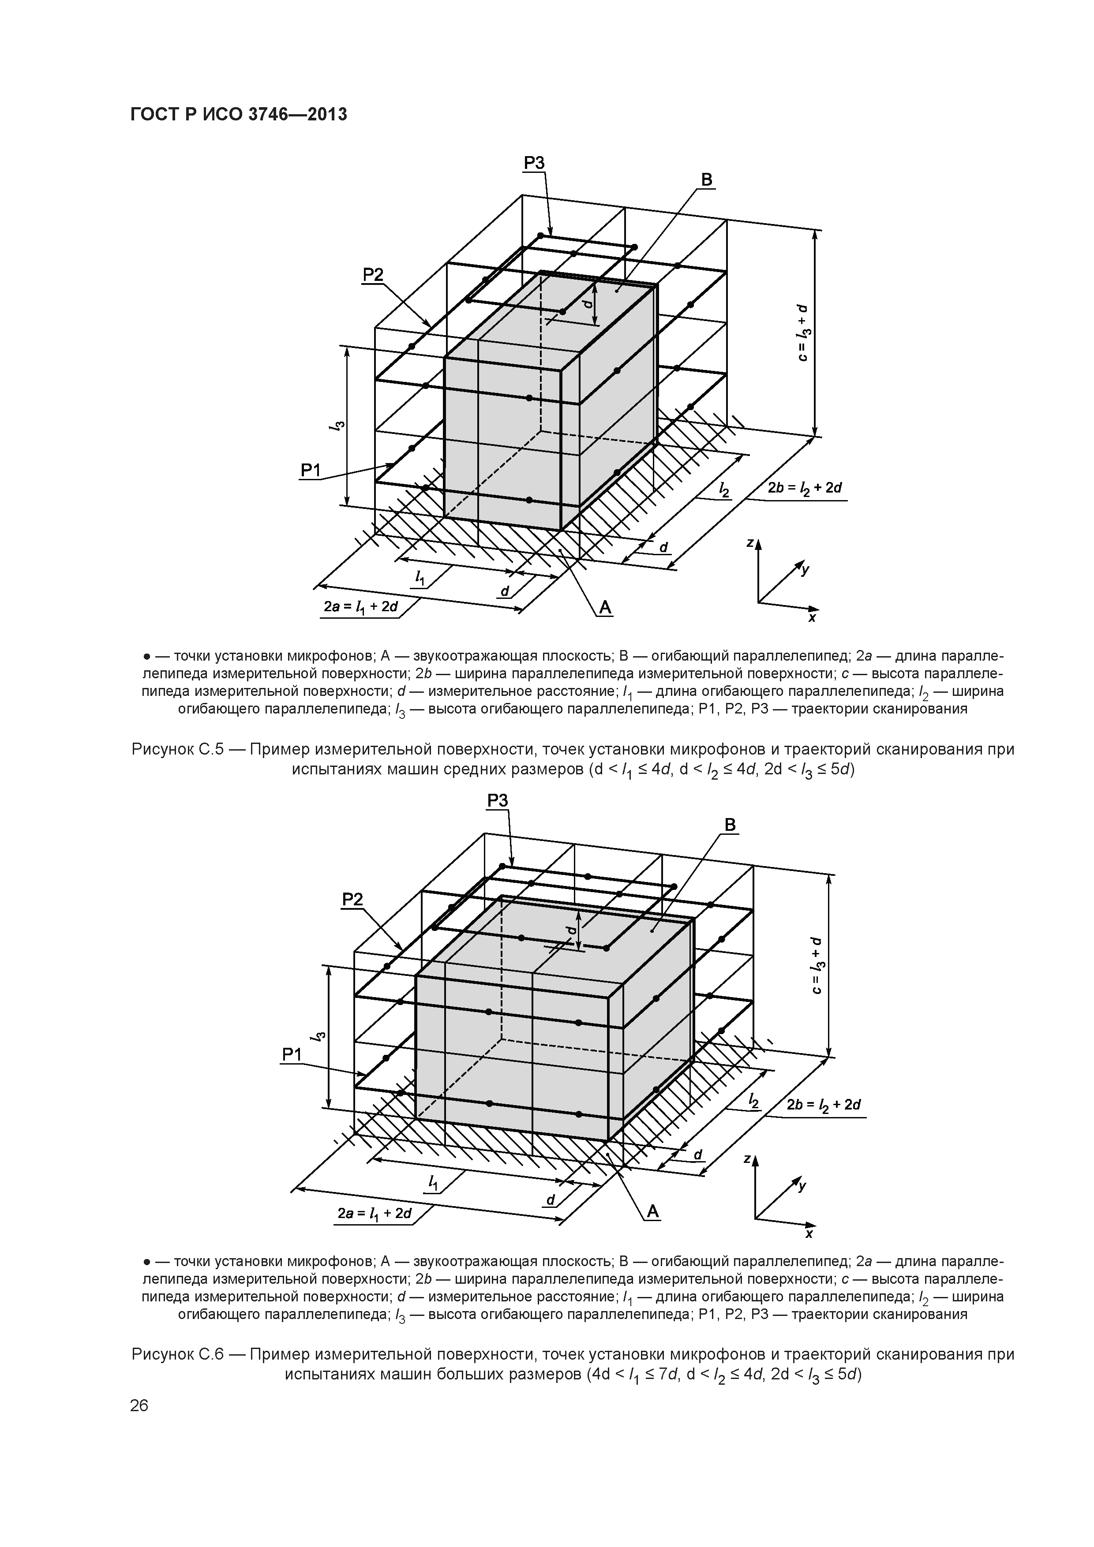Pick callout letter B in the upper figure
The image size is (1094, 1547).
tap(706, 180)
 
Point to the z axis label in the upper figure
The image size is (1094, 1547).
tap(749, 543)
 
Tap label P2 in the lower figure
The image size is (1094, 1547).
tap(352, 900)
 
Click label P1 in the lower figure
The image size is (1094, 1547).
tap(291, 1056)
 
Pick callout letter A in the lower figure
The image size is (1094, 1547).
tap(652, 1213)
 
